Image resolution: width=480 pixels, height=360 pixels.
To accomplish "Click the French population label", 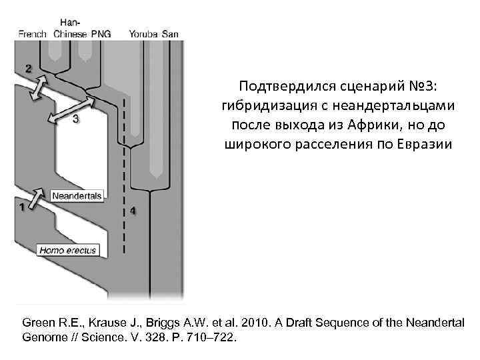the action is [x=33, y=33].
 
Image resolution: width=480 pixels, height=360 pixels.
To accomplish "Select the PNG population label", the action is [x=102, y=33].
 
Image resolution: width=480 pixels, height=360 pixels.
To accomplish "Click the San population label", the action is [x=171, y=33].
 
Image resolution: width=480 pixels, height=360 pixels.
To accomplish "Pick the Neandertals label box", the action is [x=77, y=196].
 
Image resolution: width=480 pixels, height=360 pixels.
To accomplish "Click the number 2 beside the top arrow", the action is [x=28, y=68].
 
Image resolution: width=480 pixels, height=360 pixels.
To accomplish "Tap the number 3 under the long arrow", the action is [x=75, y=119].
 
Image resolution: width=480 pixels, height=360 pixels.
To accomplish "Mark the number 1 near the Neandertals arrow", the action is [x=23, y=207].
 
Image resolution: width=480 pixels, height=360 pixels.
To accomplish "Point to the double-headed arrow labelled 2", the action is [x=39, y=88].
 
